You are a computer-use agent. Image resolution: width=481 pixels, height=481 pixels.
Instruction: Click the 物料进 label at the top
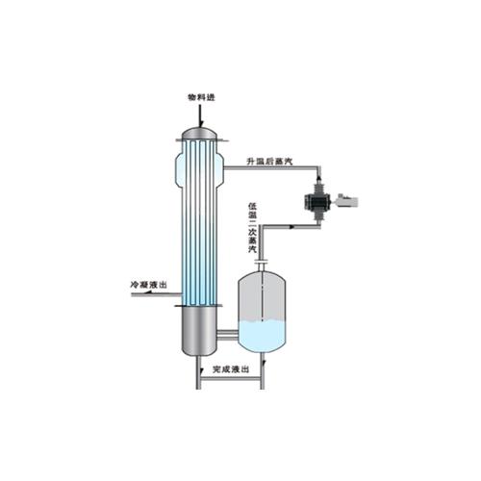(201, 97)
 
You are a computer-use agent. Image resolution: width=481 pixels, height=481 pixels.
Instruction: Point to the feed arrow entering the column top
(200, 114)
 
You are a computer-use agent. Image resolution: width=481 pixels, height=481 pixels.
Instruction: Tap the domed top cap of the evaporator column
(200, 133)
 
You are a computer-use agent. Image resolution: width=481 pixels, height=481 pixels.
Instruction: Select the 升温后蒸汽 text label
(269, 161)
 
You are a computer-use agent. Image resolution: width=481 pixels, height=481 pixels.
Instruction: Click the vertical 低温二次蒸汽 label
(253, 227)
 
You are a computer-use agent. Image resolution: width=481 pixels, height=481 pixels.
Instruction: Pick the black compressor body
(318, 202)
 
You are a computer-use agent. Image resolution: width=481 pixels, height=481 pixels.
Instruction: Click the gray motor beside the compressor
(347, 201)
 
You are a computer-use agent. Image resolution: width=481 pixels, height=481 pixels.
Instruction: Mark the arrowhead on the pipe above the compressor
(318, 177)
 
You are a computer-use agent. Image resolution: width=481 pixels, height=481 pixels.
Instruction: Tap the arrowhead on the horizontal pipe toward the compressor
(291, 227)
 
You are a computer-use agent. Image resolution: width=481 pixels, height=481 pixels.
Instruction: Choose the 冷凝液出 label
(148, 285)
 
